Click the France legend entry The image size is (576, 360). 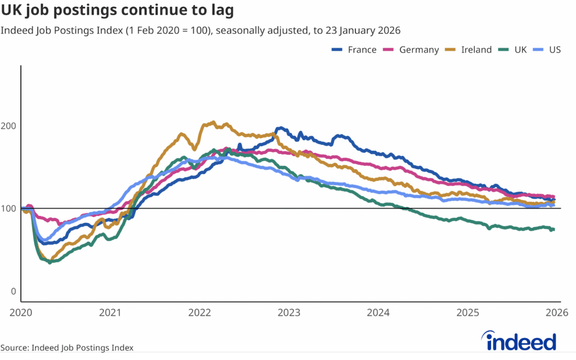tap(354, 49)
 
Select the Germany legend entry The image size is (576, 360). tap(411, 49)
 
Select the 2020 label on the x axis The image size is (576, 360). tap(21, 312)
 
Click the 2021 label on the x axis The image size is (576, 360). tap(110, 312)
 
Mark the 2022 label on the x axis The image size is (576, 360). tap(200, 312)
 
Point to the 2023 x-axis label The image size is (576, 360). tap(289, 312)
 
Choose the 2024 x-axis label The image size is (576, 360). tap(378, 312)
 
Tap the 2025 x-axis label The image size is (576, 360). tap(467, 312)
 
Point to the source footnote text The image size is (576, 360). tap(67, 348)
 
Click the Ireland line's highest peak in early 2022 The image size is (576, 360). tap(212, 122)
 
